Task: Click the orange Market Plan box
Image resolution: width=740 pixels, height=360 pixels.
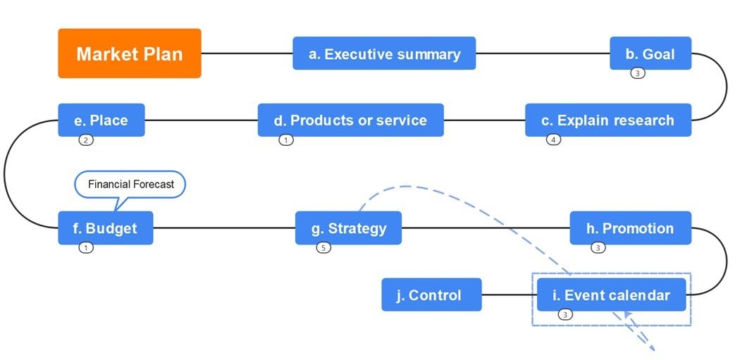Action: tap(130, 54)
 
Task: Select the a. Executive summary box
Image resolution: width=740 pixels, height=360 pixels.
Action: tap(384, 54)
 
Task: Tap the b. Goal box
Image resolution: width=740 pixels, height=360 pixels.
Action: tap(650, 54)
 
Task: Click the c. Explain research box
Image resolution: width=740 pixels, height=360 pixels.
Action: tap(608, 120)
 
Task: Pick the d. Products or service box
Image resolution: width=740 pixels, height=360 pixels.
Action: tap(350, 120)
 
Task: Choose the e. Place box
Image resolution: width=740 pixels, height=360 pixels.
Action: tap(101, 120)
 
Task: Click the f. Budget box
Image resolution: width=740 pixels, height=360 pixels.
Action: tap(105, 228)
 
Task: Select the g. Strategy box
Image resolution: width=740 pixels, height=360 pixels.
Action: tap(348, 228)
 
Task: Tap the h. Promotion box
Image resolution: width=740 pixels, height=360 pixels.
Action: tap(630, 228)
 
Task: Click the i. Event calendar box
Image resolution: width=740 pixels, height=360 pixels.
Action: tap(611, 294)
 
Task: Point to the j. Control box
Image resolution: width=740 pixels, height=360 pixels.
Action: tap(431, 294)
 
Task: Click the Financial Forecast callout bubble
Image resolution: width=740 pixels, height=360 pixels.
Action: tap(130, 185)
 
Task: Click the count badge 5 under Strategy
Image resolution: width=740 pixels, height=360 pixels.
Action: tap(323, 248)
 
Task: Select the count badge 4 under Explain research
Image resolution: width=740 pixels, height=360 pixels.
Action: tap(553, 140)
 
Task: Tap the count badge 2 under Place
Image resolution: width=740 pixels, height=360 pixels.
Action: tap(85, 140)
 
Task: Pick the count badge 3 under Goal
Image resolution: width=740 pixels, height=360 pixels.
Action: tap(637, 73)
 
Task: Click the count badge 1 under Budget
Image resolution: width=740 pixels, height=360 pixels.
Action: tap(85, 248)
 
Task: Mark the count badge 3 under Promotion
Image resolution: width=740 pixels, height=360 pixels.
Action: tap(598, 248)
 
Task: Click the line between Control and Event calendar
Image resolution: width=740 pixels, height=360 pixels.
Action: tap(509, 294)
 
